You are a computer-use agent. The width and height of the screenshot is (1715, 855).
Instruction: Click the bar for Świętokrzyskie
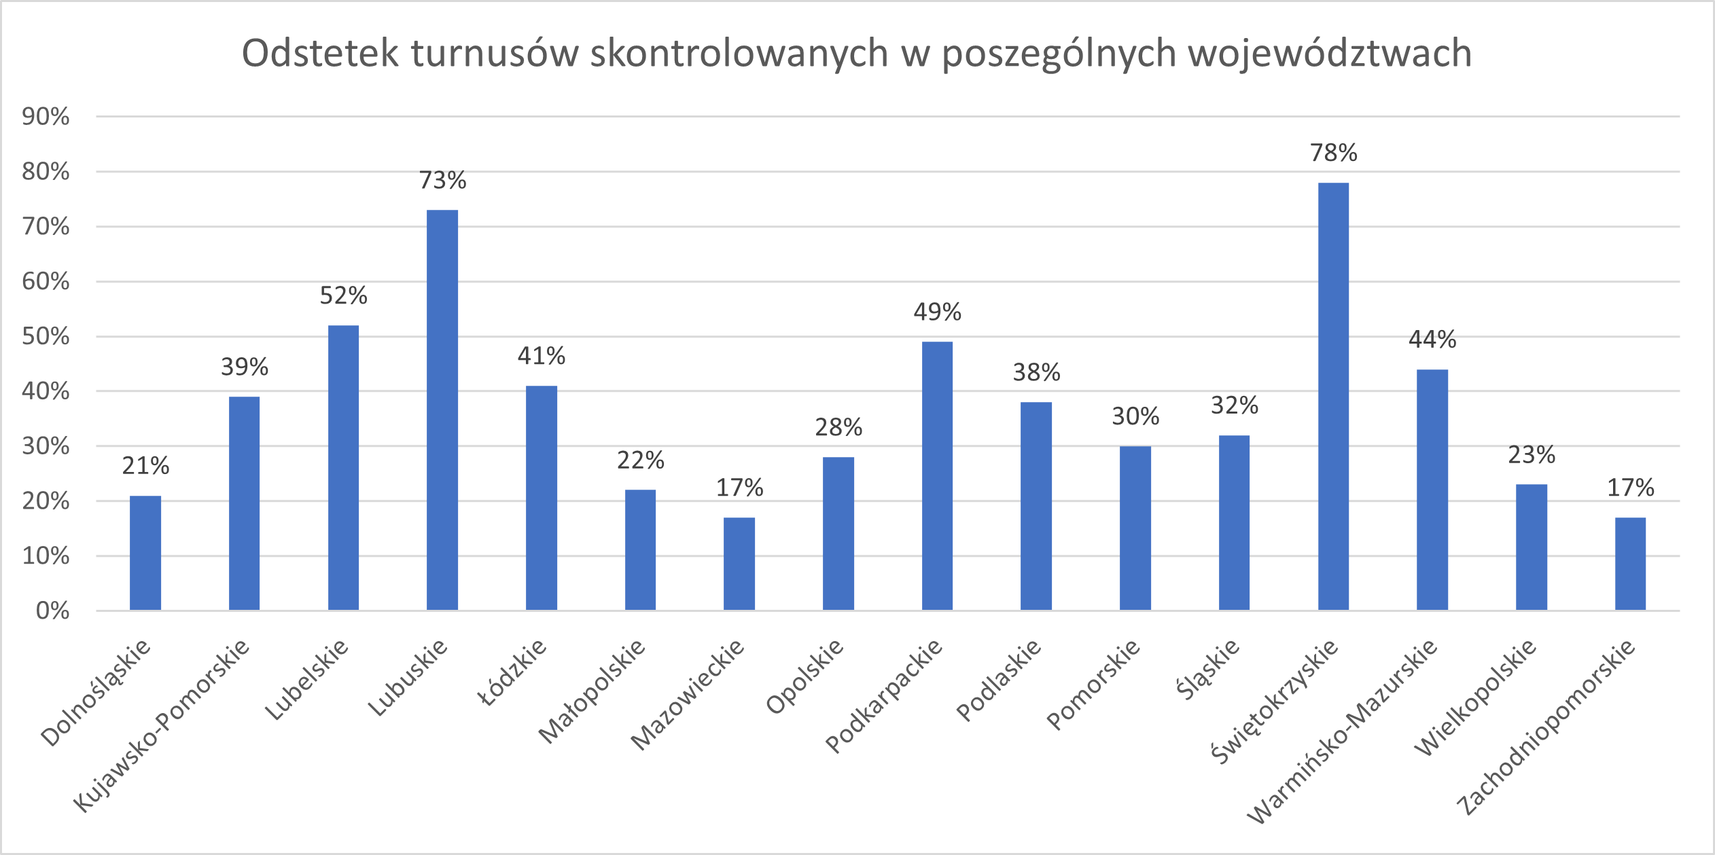click(1333, 397)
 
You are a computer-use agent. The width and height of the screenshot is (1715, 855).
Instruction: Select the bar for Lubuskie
click(442, 410)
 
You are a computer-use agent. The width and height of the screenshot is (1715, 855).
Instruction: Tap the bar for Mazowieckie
click(739, 564)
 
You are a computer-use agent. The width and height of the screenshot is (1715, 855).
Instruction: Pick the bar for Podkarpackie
click(937, 476)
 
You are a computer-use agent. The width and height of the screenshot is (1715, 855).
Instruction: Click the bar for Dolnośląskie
click(145, 553)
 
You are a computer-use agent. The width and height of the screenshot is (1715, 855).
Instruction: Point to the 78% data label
click(1333, 153)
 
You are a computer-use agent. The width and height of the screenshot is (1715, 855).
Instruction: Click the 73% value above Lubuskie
click(442, 180)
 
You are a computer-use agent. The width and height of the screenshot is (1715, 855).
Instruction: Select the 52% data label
click(343, 295)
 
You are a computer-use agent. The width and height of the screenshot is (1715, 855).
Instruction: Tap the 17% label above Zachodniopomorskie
click(1630, 488)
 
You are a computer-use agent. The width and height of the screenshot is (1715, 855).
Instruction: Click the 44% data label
click(1432, 339)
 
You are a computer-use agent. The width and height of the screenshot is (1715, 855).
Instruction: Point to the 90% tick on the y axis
click(46, 117)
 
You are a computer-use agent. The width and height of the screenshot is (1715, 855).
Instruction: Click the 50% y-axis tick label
click(46, 336)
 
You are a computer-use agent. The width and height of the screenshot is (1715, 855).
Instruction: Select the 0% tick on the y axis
click(52, 611)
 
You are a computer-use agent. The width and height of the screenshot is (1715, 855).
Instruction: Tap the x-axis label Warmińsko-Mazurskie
click(1343, 731)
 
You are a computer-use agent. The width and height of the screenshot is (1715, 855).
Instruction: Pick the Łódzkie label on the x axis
click(514, 672)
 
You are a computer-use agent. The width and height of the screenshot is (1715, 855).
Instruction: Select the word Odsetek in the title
click(320, 53)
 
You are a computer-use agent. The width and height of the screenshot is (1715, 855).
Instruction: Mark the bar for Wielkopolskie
click(1532, 547)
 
